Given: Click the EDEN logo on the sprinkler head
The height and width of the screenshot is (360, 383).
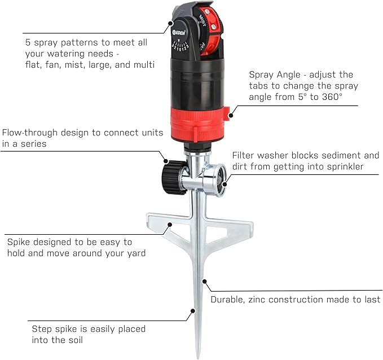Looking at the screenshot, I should coord(181,24).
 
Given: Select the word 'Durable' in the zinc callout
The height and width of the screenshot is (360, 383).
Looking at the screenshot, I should coord(228,300).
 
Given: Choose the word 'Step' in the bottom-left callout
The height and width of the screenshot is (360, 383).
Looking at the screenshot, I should coord(41,328).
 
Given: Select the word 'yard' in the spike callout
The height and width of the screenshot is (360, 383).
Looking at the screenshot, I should coord(135,253).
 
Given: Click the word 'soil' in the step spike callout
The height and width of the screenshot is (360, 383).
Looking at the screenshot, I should coord(80,340).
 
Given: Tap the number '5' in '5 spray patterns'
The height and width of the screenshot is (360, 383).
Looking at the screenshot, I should coord(28,43).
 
